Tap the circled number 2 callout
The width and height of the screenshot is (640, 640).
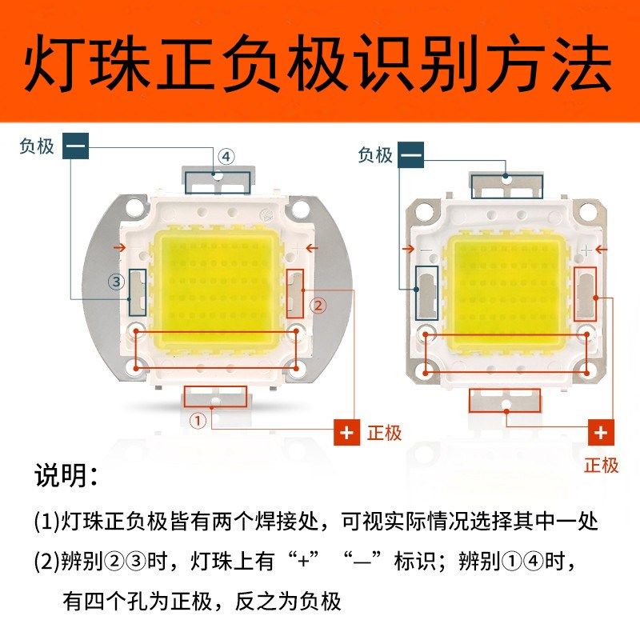point(318,306)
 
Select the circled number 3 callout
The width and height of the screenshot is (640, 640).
point(117,282)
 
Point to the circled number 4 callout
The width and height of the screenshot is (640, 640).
point(226,157)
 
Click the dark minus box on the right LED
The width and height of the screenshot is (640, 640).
point(411,154)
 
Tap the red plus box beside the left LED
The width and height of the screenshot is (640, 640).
point(346,433)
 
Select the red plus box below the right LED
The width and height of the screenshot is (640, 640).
point(602,433)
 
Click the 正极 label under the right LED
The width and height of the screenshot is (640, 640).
point(602,465)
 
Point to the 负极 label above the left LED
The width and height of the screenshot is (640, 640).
point(37,146)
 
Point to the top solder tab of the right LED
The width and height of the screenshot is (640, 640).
point(506,186)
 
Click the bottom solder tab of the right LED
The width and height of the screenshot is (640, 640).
point(506,400)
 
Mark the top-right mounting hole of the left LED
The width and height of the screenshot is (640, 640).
point(301,210)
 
